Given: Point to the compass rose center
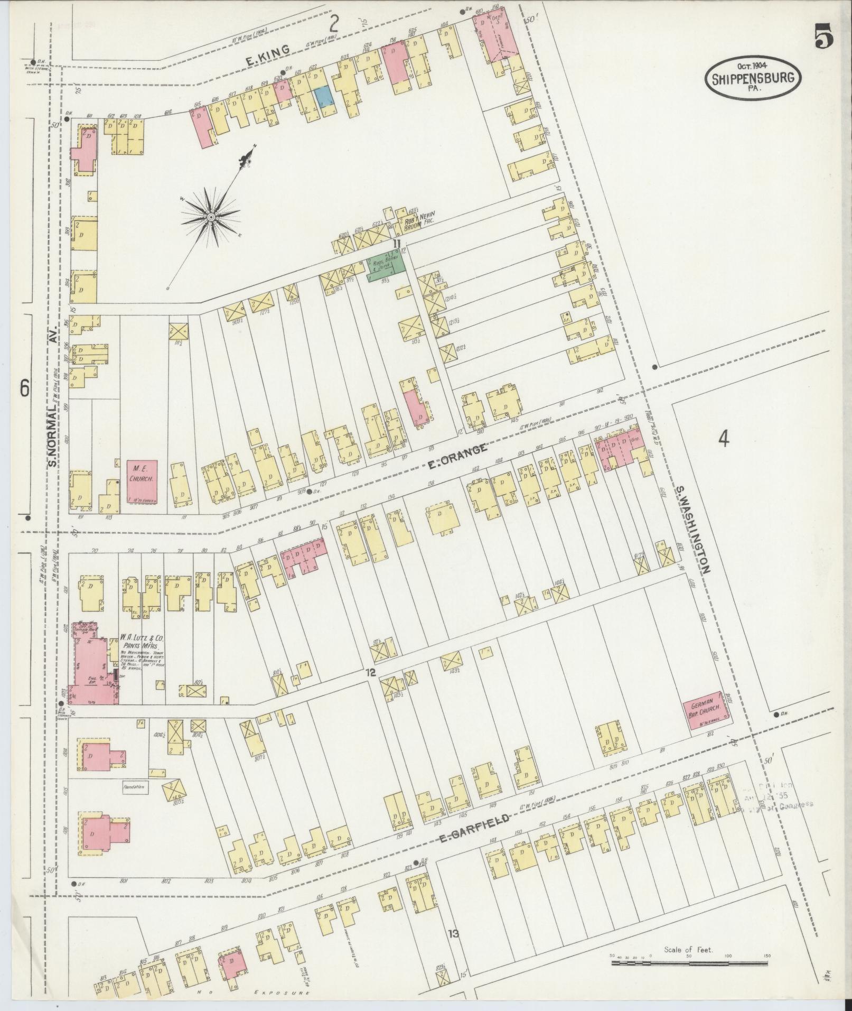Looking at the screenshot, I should pyautogui.click(x=211, y=217).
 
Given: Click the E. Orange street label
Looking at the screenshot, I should pyautogui.click(x=456, y=453).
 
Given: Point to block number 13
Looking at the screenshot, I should pyautogui.click(x=453, y=934).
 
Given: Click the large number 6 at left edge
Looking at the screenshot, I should pyautogui.click(x=24, y=388).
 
